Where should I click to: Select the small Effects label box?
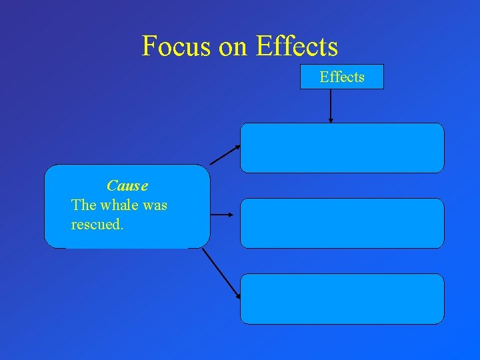point(342,77)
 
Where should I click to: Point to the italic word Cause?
point(127,185)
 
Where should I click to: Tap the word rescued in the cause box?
point(97,225)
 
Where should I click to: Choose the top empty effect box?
point(342,148)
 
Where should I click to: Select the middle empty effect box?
point(342,223)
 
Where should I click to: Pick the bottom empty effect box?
point(342,299)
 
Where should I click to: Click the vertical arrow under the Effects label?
point(331,105)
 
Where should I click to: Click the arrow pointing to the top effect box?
point(225,155)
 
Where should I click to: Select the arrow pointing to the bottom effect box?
point(221,272)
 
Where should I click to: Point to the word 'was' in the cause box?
point(155,205)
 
